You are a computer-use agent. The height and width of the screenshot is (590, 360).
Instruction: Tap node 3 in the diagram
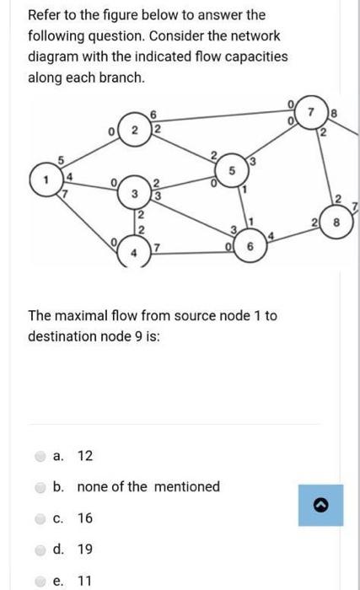click(133, 195)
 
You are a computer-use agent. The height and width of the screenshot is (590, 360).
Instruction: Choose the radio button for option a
click(41, 456)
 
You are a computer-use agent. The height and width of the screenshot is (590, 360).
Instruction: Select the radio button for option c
click(41, 518)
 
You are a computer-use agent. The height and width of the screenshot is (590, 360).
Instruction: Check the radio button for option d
click(41, 549)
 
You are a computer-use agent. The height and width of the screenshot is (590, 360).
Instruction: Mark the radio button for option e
click(41, 580)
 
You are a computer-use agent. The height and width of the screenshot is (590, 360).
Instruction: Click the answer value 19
click(85, 549)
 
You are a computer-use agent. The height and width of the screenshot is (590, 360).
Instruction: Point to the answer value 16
click(85, 518)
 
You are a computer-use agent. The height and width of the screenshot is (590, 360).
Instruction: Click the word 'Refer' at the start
click(45, 15)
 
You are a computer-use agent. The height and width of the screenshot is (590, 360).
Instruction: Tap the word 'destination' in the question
click(62, 335)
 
